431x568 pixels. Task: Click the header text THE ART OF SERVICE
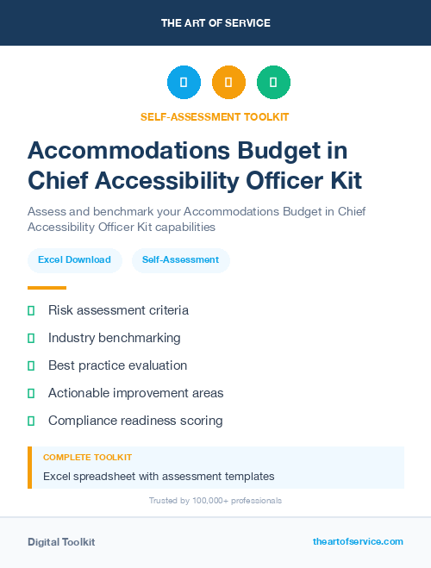coord(215,23)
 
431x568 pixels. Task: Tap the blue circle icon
coord(184,83)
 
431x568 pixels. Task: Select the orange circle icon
coord(228,83)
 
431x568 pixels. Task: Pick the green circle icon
coord(273,83)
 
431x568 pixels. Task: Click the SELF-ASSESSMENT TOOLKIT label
coord(215,116)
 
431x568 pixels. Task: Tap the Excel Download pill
coord(74,259)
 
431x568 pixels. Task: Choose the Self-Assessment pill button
coord(180,259)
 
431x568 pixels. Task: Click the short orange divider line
coord(47,288)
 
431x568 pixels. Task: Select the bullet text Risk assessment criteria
coord(118,310)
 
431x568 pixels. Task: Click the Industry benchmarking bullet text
coord(115,338)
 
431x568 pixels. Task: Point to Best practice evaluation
coord(117,365)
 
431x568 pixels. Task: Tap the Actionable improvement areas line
coord(136,393)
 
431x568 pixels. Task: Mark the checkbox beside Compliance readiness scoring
coord(31,421)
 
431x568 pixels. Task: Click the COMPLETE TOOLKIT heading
coord(87,458)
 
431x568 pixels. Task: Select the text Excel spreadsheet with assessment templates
coord(159,476)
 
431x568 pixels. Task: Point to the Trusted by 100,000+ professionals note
coord(215,500)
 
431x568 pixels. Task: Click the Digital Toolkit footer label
coord(61,542)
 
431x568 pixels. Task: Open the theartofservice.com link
coord(358,541)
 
